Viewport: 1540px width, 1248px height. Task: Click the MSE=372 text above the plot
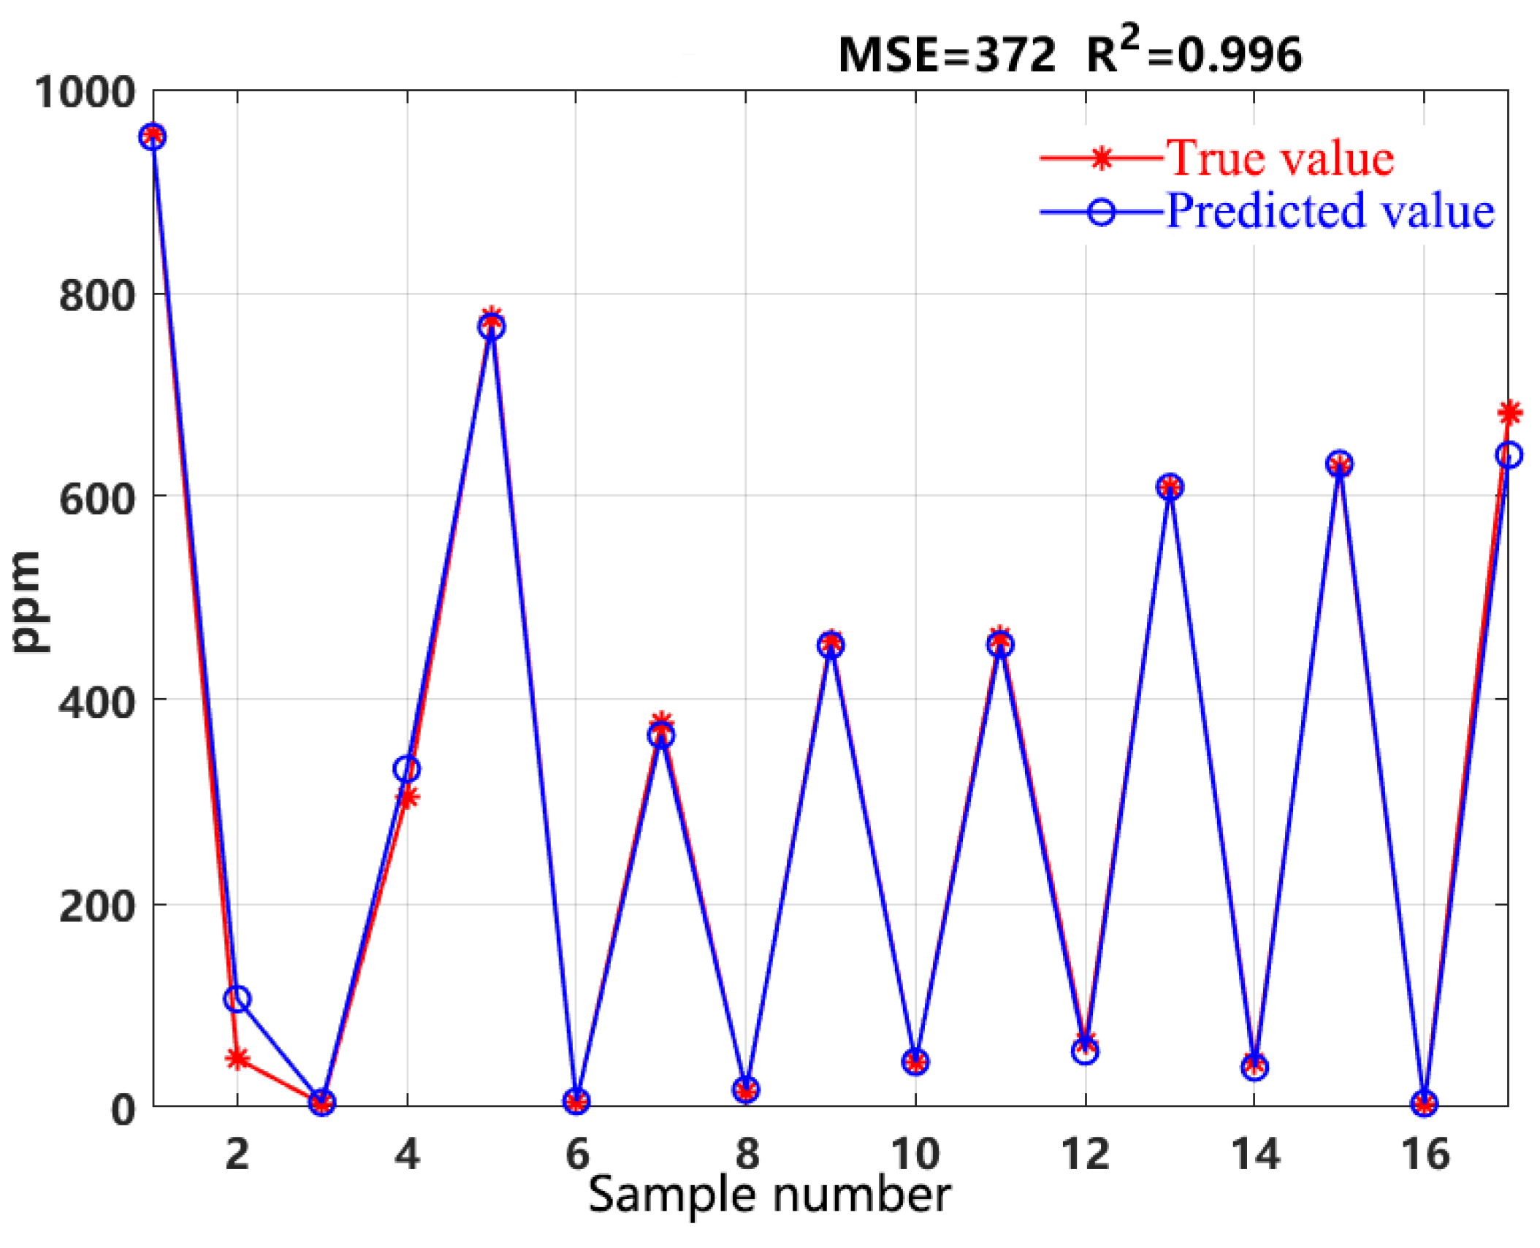pyautogui.click(x=946, y=55)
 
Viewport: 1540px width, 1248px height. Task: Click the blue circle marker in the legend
pyautogui.click(x=1101, y=213)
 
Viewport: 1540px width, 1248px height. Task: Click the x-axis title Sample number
pyautogui.click(x=769, y=1195)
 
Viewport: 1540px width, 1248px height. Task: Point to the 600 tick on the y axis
pyautogui.click(x=97, y=499)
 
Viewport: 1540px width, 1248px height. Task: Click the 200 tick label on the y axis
pyautogui.click(x=97, y=906)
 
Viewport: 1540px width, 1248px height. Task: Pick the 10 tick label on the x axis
pyautogui.click(x=915, y=1155)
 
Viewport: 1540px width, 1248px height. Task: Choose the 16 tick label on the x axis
pyautogui.click(x=1424, y=1155)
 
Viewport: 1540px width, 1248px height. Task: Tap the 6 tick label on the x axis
pyautogui.click(x=576, y=1155)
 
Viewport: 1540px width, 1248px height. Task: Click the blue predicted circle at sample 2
pyautogui.click(x=237, y=998)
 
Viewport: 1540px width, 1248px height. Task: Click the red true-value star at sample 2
pyautogui.click(x=237, y=1058)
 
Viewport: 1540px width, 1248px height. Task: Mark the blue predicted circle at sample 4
pyautogui.click(x=407, y=768)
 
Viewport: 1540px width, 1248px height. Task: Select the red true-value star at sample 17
pyautogui.click(x=1509, y=413)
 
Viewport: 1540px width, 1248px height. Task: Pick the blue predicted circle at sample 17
pyautogui.click(x=1509, y=455)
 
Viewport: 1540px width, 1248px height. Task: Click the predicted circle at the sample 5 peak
pyautogui.click(x=492, y=327)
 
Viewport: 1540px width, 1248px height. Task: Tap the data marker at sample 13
pyautogui.click(x=1170, y=486)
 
